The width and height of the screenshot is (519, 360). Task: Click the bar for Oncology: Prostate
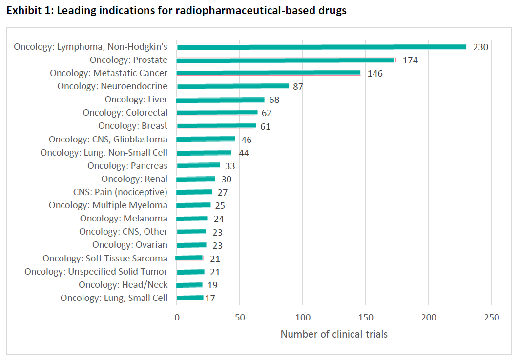(x=285, y=60)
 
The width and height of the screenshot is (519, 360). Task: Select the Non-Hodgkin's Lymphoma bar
(x=321, y=47)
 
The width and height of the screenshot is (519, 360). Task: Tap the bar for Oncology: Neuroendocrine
(x=233, y=86)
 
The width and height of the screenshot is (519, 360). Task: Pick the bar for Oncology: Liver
(x=220, y=100)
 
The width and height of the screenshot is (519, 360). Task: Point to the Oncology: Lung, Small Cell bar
(x=190, y=298)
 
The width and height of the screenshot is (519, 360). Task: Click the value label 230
(x=480, y=47)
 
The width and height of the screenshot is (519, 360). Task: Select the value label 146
(x=375, y=74)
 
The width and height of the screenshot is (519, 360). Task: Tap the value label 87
(x=298, y=87)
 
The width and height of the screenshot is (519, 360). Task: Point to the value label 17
(x=210, y=298)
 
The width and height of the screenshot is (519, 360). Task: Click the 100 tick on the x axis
(x=303, y=318)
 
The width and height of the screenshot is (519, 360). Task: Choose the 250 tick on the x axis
(x=491, y=318)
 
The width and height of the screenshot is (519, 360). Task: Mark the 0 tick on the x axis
(x=177, y=318)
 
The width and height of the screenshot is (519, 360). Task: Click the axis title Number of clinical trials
(x=334, y=334)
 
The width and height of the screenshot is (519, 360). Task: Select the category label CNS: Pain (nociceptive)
(x=120, y=192)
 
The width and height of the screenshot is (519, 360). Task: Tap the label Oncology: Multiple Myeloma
(x=108, y=205)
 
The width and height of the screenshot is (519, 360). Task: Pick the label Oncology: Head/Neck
(x=123, y=284)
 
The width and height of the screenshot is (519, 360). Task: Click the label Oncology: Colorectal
(x=125, y=113)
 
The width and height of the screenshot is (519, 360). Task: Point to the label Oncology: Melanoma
(x=124, y=218)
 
